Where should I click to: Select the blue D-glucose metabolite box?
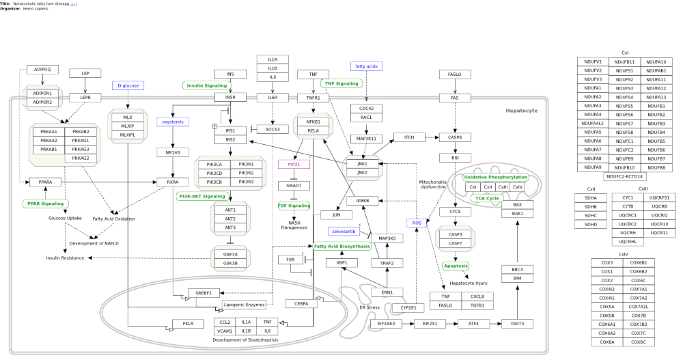pyautogui.click(x=128, y=85)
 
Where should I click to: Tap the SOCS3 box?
pyautogui.click(x=273, y=129)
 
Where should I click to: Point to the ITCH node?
pyautogui.click(x=409, y=137)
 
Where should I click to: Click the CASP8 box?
pyautogui.click(x=455, y=137)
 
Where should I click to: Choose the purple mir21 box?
pyautogui.click(x=294, y=164)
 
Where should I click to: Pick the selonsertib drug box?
pyautogui.click(x=344, y=232)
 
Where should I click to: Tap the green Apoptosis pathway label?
pyautogui.click(x=456, y=266)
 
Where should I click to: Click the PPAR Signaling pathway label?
pyautogui.click(x=45, y=204)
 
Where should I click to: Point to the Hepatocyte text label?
pyautogui.click(x=522, y=111)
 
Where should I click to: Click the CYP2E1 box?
pyautogui.click(x=408, y=307)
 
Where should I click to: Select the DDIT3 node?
pyautogui.click(x=517, y=323)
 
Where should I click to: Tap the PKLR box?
pyautogui.click(x=188, y=323)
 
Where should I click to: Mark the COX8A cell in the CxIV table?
pyautogui.click(x=607, y=342)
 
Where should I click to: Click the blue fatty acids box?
pyautogui.click(x=366, y=66)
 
